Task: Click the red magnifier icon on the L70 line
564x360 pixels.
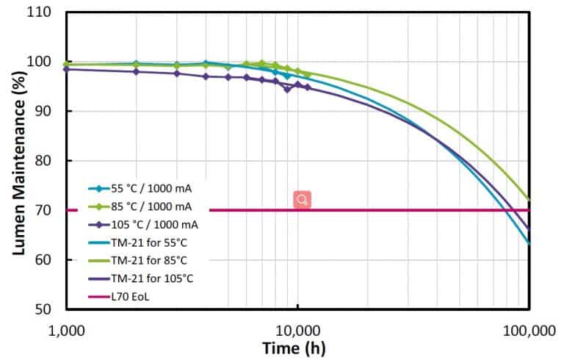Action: coord(302,200)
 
